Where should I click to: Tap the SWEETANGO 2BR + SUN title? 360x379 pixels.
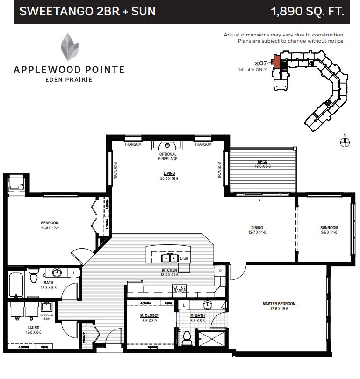click(x=87, y=11)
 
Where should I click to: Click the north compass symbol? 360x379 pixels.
click(x=345, y=143)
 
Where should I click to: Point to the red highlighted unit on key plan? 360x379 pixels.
click(x=276, y=62)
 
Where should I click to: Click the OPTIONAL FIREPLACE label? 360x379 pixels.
click(x=167, y=157)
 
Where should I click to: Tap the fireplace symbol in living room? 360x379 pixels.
click(x=167, y=145)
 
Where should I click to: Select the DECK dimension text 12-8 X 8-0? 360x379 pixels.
click(x=262, y=166)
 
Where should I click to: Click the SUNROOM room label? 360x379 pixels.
click(x=329, y=228)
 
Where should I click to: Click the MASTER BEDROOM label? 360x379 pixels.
click(x=279, y=304)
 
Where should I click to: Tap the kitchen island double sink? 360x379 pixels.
click(x=169, y=258)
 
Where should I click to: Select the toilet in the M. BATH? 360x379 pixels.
click(x=187, y=336)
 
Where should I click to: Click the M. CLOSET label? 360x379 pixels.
click(x=148, y=316)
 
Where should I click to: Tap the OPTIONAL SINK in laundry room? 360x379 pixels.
click(x=47, y=307)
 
